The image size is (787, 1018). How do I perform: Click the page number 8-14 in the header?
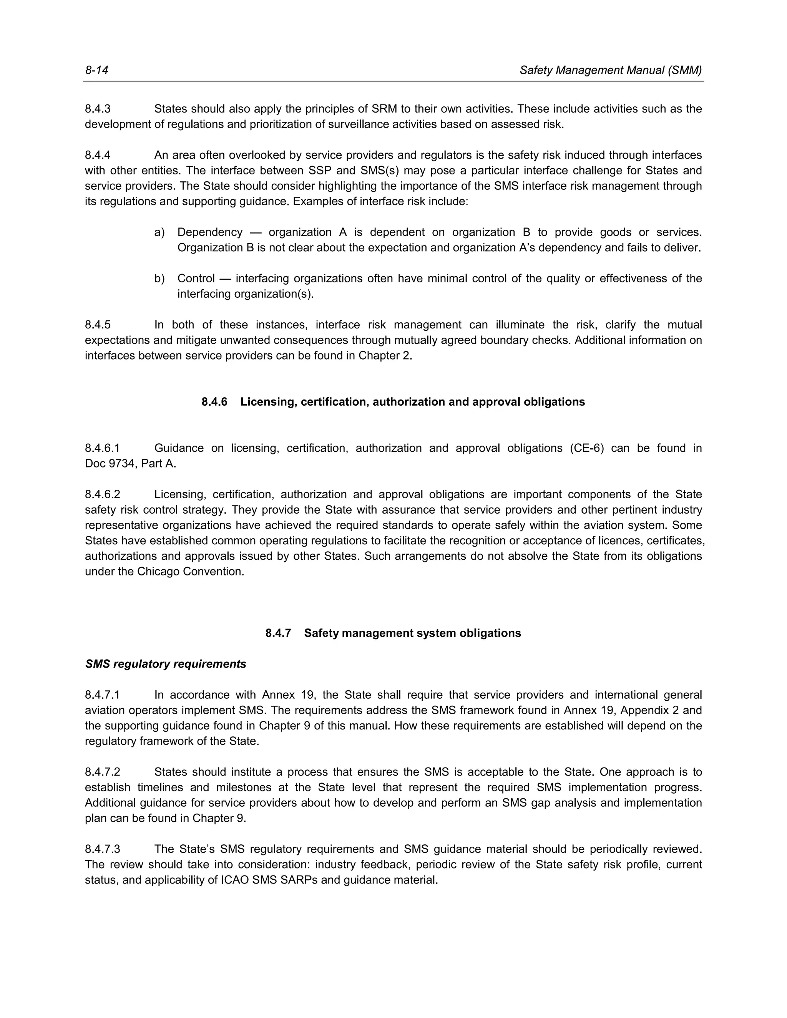[x=96, y=70]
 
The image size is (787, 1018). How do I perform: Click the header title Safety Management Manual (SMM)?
[x=610, y=70]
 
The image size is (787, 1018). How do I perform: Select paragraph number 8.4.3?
[x=98, y=109]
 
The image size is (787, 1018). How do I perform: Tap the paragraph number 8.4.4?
[x=98, y=155]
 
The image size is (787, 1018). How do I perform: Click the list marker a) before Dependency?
[x=159, y=232]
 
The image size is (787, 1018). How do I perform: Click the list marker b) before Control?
[x=159, y=279]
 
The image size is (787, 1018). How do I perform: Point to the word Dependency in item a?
[x=210, y=232]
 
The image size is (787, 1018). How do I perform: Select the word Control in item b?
[x=196, y=279]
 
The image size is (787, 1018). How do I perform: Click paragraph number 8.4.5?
[x=98, y=325]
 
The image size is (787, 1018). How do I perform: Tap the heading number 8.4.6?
[x=214, y=402]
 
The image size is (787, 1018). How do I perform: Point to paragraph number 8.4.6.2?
[x=102, y=494]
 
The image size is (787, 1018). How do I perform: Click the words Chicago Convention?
[x=190, y=572]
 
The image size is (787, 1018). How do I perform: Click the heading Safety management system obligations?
[x=412, y=633]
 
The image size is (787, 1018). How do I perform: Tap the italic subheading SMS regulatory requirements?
[x=166, y=664]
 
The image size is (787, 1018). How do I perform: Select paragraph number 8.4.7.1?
[x=102, y=695]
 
